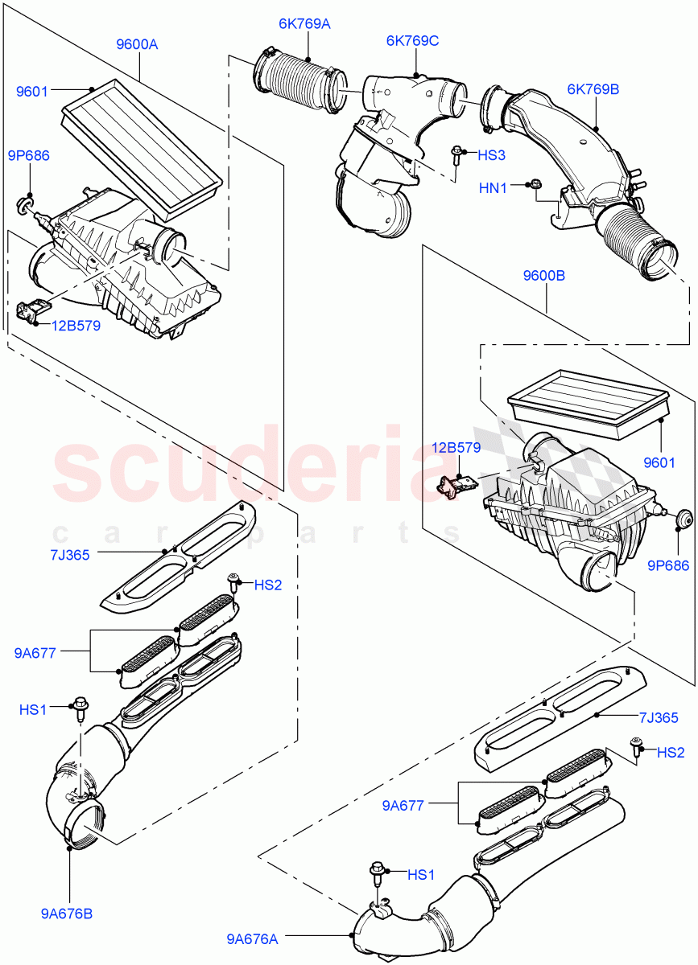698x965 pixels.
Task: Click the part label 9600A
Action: click(x=136, y=45)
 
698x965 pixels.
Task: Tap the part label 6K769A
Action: click(x=304, y=24)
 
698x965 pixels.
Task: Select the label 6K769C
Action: click(x=412, y=41)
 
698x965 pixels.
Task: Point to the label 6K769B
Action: click(x=593, y=89)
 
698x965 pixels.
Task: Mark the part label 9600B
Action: click(x=543, y=275)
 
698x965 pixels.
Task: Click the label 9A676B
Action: click(x=66, y=914)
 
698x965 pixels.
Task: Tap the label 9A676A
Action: click(x=253, y=937)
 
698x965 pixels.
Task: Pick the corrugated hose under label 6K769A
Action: click(x=302, y=78)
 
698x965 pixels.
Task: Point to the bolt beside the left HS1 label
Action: click(x=81, y=708)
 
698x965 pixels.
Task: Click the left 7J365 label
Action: click(x=69, y=553)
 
